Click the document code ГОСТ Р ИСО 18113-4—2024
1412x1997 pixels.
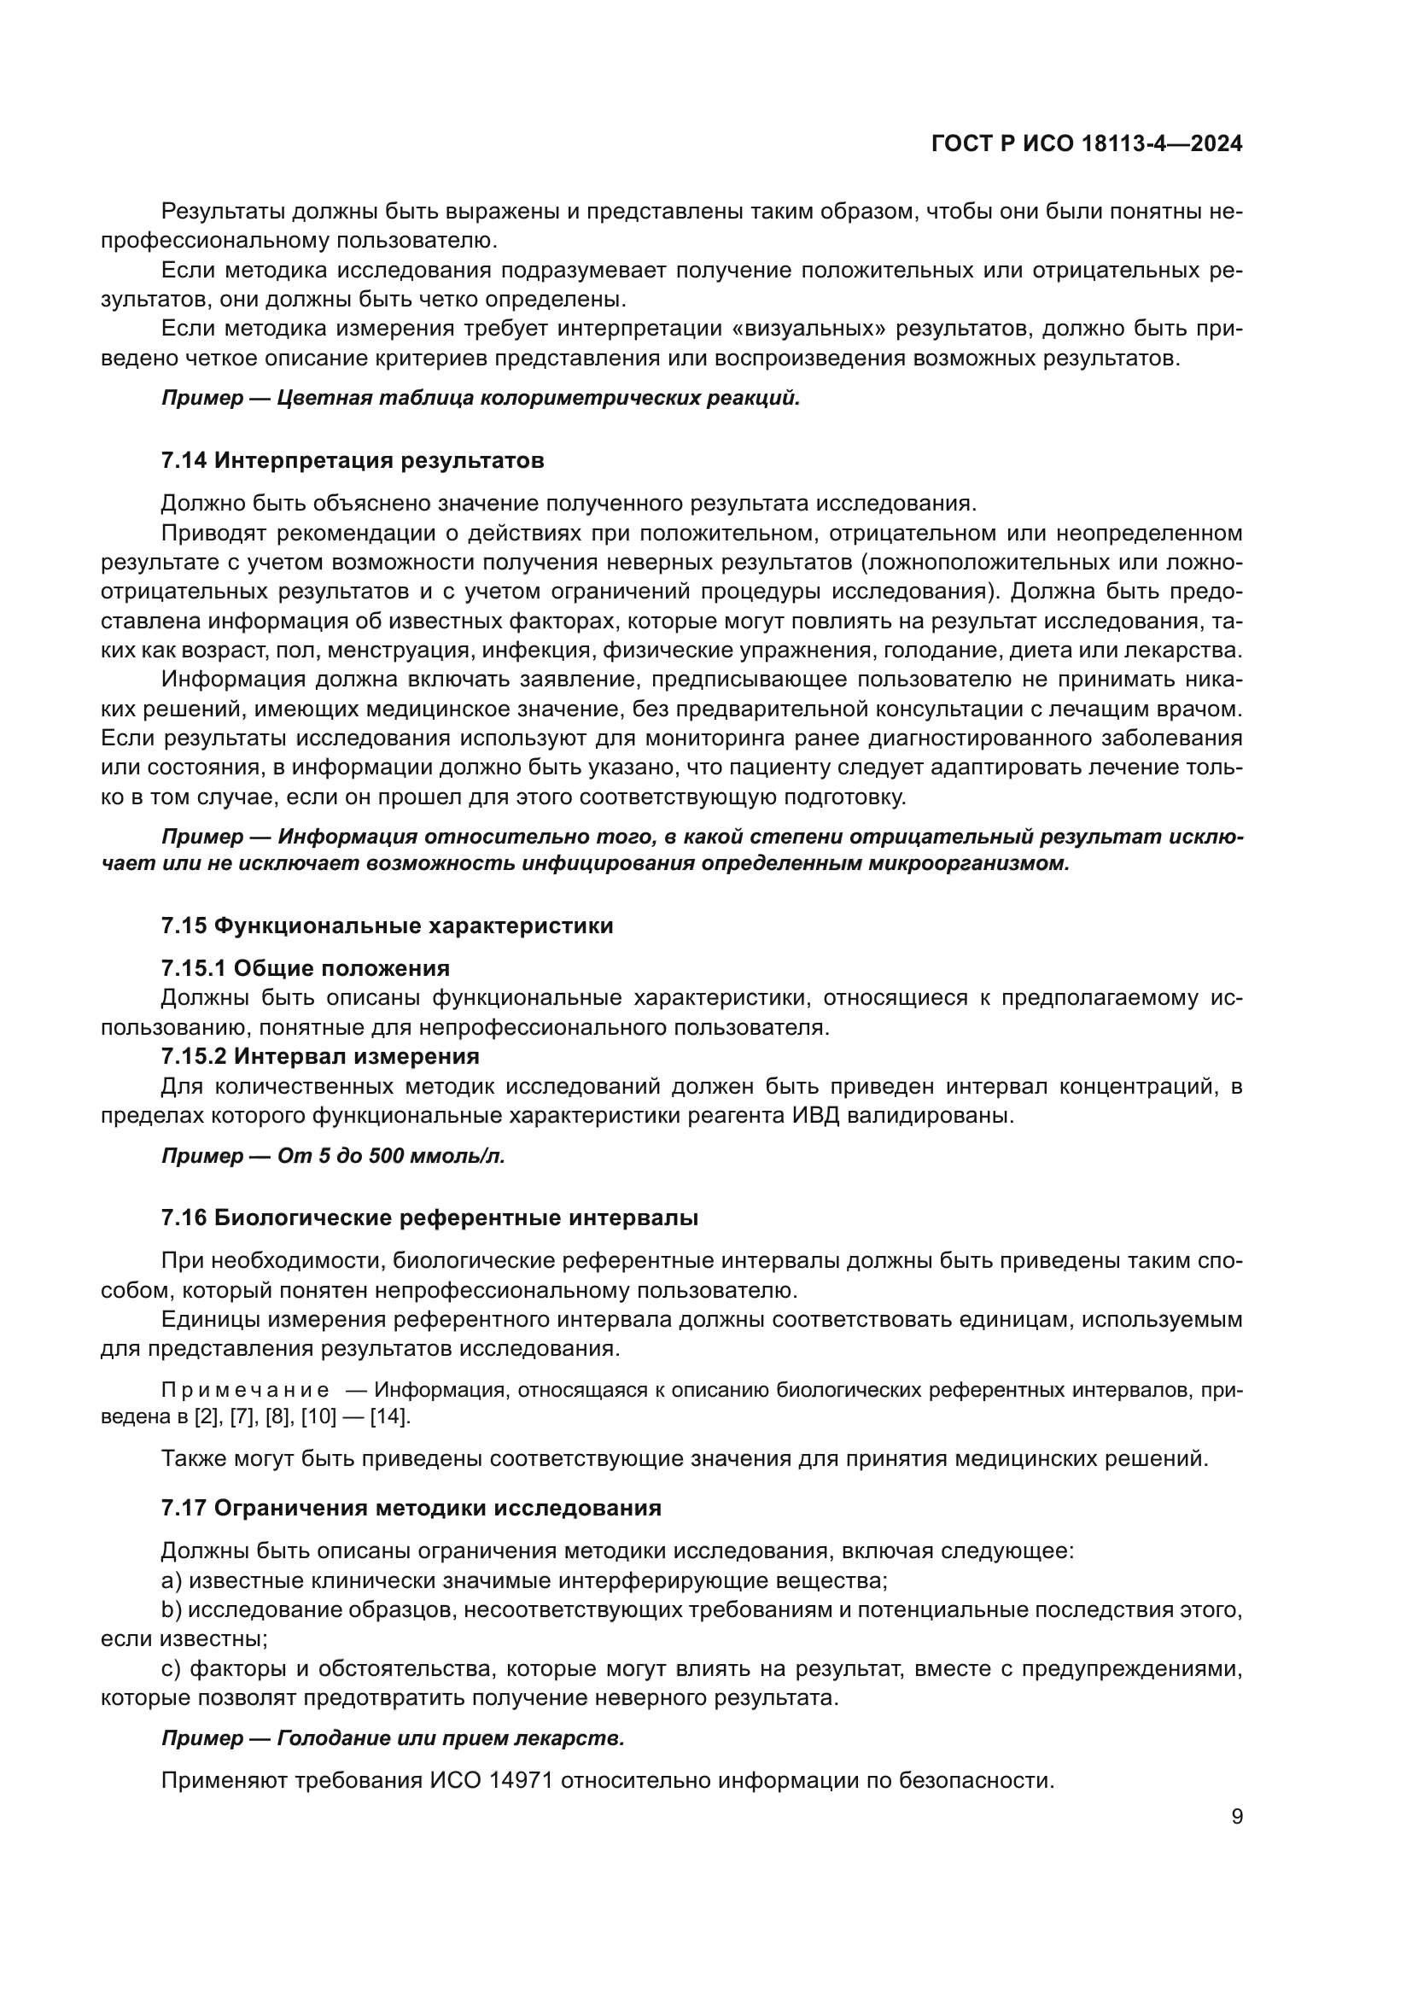click(1086, 144)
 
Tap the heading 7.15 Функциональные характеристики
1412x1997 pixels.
click(387, 926)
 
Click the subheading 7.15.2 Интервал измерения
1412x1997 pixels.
click(320, 1056)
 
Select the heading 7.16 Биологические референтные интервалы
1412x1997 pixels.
click(429, 1217)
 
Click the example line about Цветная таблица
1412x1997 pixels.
click(480, 399)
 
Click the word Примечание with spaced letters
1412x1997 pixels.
click(245, 1390)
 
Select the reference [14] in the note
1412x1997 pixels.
click(388, 1416)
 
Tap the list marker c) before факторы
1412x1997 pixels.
click(172, 1668)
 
